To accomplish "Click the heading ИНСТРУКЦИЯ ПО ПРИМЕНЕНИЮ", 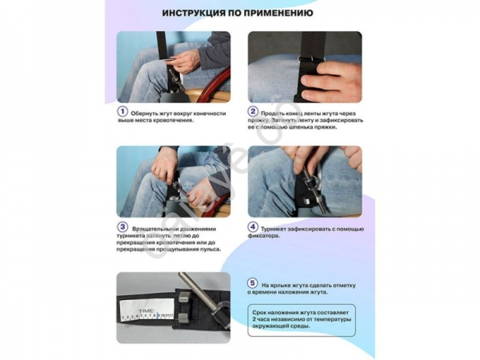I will pos(237,14).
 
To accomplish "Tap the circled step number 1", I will pos(122,113).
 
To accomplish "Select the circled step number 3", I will pos(122,227).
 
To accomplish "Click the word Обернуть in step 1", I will pos(149,114).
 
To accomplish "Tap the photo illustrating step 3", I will pos(174,182).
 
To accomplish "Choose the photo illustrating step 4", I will pos(304,182).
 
